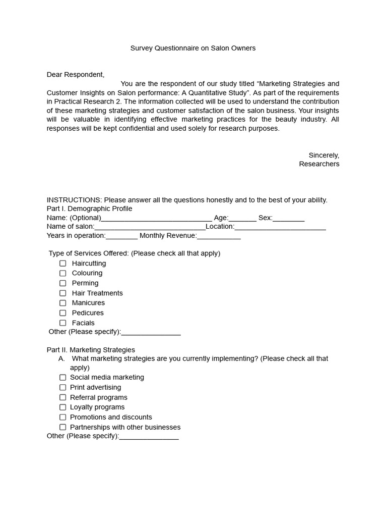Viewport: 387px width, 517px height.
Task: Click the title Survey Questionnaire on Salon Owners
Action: [193, 48]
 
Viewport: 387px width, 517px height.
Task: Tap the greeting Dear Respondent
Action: [76, 75]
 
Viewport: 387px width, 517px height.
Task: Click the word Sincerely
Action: [324, 155]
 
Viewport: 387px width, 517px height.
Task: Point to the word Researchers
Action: [319, 164]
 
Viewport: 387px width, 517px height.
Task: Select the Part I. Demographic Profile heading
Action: [89, 209]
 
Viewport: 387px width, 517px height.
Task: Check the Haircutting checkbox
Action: [63, 264]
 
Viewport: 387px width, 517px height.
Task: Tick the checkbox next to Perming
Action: [63, 283]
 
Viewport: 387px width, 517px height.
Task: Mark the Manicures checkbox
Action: [63, 303]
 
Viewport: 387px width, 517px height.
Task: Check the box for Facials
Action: [63, 323]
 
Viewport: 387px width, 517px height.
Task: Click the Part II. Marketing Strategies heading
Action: [91, 350]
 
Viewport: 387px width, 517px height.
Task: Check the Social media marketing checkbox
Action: [63, 378]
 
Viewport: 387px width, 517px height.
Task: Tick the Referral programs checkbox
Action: [63, 397]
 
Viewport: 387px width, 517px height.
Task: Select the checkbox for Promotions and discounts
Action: [63, 417]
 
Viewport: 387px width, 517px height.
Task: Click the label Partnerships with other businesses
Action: [125, 427]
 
